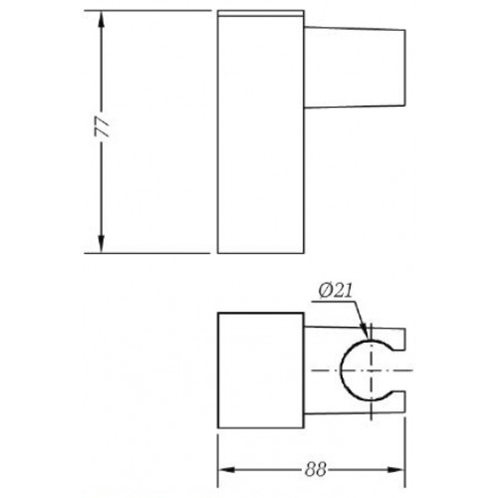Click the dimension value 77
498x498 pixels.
click(102, 126)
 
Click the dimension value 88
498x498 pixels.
click(315, 469)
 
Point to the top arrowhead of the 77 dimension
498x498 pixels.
click(101, 20)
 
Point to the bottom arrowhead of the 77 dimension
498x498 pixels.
click(101, 244)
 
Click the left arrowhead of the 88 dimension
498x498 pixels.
click(227, 470)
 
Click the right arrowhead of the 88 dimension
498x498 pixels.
click(396, 470)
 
